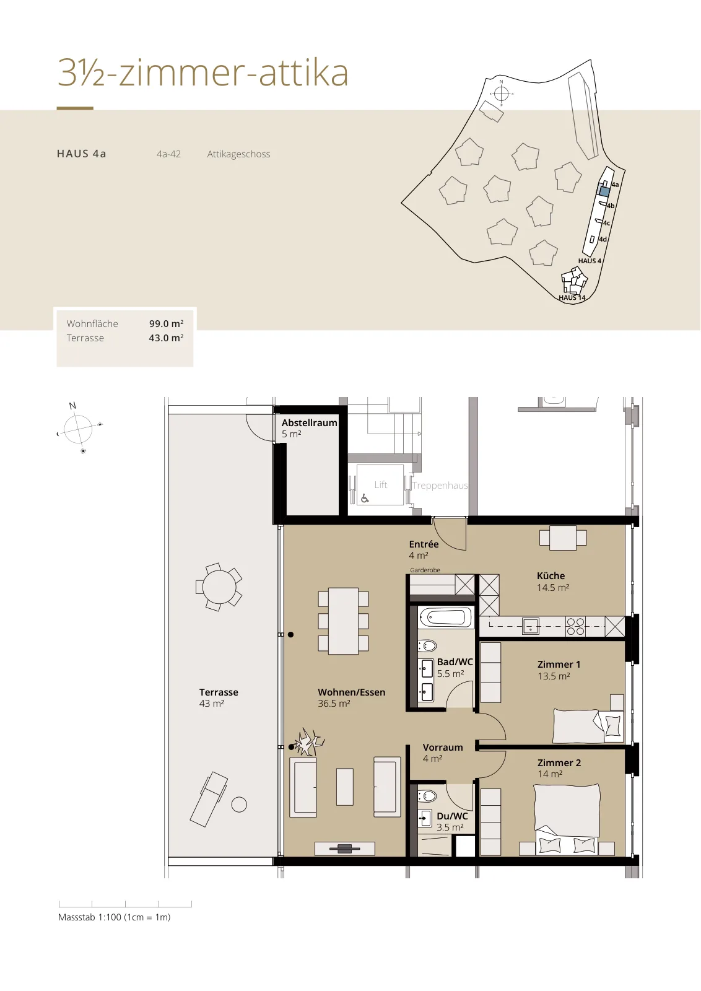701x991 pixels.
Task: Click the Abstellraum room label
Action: click(309, 422)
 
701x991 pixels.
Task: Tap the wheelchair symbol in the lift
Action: click(365, 499)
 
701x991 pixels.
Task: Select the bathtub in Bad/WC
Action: click(445, 617)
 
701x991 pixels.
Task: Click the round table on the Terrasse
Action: click(219, 587)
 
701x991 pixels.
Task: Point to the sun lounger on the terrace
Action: click(209, 799)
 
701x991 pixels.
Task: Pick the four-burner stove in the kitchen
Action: click(575, 627)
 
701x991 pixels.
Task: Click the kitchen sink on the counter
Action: click(530, 626)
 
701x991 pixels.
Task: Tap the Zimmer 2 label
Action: click(559, 762)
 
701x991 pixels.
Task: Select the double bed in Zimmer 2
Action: click(567, 819)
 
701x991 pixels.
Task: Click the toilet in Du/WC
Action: click(427, 797)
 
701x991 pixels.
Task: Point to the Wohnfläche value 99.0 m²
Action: click(167, 323)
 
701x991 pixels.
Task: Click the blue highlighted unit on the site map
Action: click(604, 191)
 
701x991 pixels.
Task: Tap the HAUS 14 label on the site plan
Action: click(572, 298)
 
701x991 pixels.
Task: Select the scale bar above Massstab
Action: click(125, 904)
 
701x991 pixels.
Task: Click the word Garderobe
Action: click(425, 570)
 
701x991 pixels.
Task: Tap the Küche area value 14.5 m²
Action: click(553, 588)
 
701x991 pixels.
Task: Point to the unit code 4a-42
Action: click(168, 154)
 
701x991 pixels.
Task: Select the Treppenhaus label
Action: click(440, 486)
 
